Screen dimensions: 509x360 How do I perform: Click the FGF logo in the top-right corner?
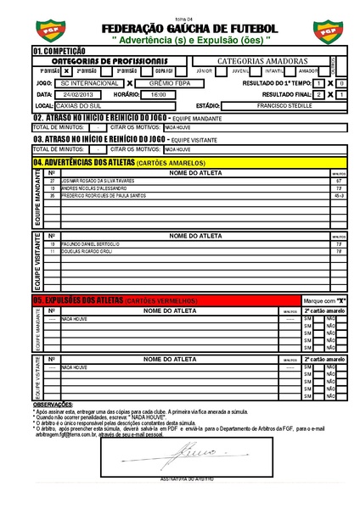[326, 30]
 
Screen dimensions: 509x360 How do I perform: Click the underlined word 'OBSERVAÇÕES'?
[53, 405]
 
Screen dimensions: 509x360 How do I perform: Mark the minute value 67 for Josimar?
[338, 182]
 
